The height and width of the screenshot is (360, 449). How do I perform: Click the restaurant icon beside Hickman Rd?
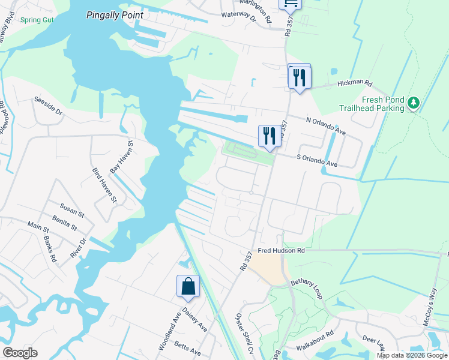pos(299,77)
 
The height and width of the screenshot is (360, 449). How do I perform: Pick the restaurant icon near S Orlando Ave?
pos(269,136)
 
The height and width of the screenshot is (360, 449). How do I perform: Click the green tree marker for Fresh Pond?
pos(413,103)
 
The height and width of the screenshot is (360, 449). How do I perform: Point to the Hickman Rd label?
pos(355,85)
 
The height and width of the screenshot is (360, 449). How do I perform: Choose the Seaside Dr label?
pos(48,106)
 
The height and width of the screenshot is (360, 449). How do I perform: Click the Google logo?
pos(20,353)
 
